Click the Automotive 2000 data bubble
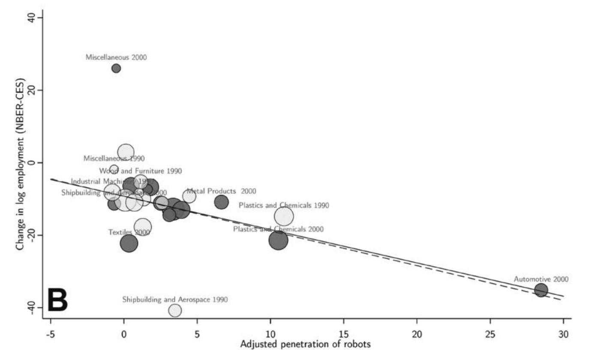click(541, 290)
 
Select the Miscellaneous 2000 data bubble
click(116, 68)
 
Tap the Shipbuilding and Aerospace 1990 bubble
click(175, 310)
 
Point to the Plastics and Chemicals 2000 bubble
click(279, 240)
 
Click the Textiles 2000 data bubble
click(129, 243)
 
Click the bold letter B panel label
click(57, 300)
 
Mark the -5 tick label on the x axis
click(51, 333)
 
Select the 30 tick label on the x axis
click(563, 333)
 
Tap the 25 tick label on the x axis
click(490, 333)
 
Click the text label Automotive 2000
click(541, 279)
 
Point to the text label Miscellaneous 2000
click(116, 57)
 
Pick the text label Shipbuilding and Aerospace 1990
click(175, 299)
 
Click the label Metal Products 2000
click(221, 191)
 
